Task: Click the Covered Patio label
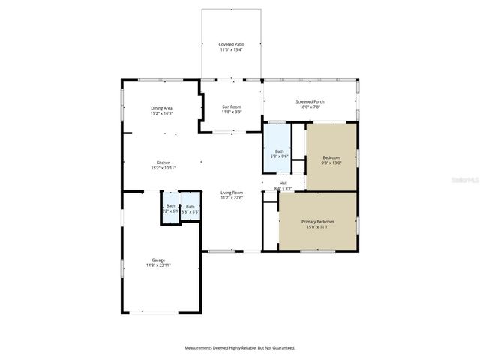(231, 44)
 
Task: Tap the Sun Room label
(231, 108)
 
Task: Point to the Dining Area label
(162, 108)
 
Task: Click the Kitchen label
(163, 163)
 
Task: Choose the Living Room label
(231, 193)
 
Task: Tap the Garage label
(158, 260)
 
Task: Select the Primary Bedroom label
(317, 222)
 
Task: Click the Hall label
(283, 182)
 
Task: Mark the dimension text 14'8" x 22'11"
(158, 265)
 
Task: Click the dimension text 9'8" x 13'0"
(331, 163)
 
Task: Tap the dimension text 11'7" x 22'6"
(231, 198)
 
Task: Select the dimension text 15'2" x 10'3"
(162, 113)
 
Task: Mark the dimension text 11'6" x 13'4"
(231, 49)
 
